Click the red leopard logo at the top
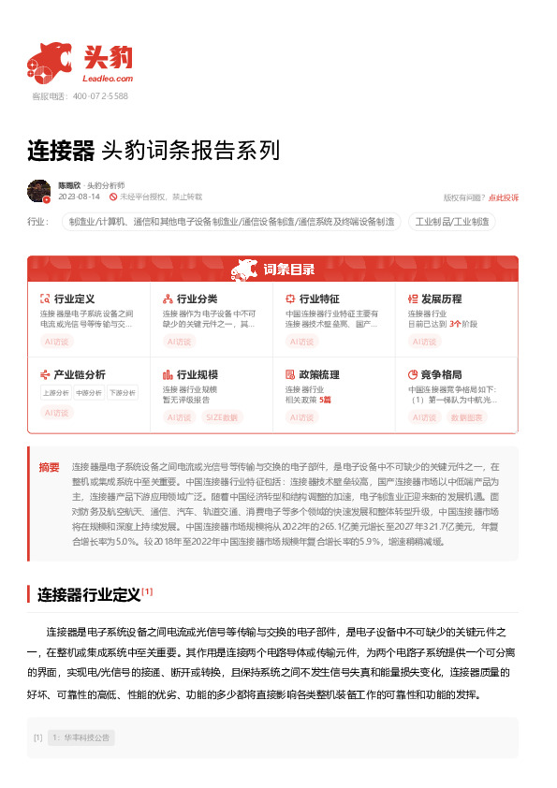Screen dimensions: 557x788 tap(49, 61)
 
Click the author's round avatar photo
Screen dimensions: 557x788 tap(38, 191)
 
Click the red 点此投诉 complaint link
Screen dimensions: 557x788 tap(504, 197)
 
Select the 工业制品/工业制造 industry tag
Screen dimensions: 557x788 tap(452, 222)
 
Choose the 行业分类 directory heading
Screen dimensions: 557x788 tap(197, 299)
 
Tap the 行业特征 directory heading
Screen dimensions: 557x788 tap(319, 299)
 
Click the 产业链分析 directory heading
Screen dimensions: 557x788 tap(80, 374)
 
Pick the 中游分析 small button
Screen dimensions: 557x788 tap(89, 393)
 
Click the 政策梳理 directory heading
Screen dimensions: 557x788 tap(319, 374)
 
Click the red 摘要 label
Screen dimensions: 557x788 tap(49, 467)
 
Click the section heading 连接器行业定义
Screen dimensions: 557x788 tap(89, 593)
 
